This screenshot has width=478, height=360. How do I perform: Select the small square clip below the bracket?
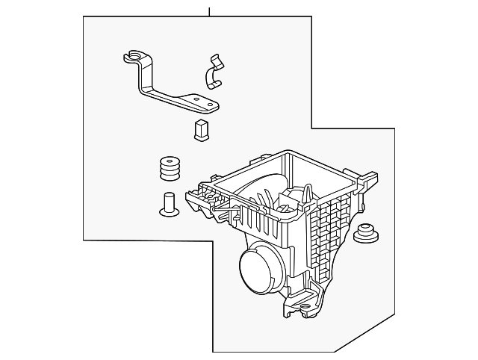coord(201,129)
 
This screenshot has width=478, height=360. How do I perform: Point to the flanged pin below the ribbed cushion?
coord(169,202)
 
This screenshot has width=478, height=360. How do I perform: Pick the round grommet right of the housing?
coord(366,234)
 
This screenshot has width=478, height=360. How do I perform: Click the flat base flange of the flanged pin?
coord(169,211)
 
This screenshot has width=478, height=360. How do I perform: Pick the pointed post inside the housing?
coord(308,195)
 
